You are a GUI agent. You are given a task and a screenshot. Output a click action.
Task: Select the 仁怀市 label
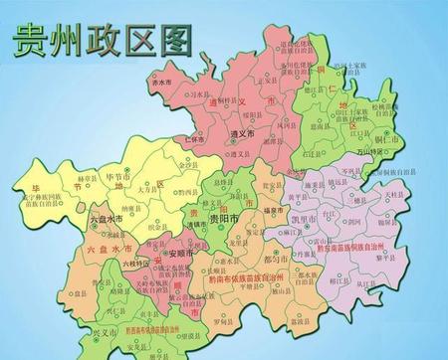point(200,140)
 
